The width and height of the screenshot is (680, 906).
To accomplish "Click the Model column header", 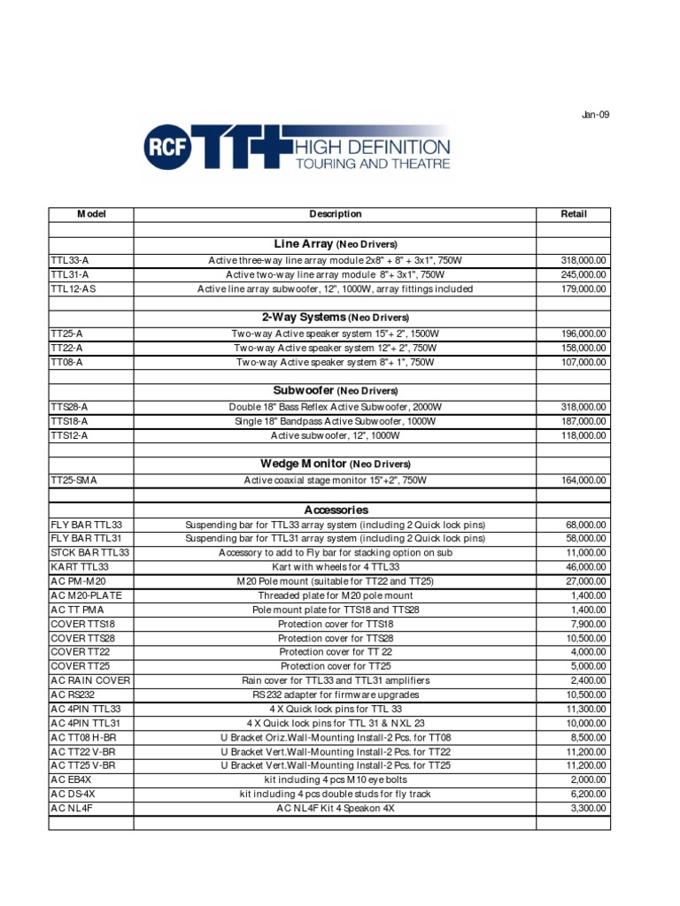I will (91, 214).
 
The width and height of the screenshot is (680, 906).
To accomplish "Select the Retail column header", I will (574, 214).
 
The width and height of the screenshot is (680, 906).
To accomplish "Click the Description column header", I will (335, 214).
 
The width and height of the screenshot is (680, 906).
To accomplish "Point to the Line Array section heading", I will (335, 243).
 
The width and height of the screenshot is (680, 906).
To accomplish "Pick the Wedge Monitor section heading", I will (335, 464).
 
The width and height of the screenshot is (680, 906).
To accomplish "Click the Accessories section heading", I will (335, 511).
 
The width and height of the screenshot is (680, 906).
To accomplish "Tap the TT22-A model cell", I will (67, 349).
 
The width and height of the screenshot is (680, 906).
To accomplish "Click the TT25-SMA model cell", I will (74, 480).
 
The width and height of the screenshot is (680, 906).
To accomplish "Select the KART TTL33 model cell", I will (80, 567).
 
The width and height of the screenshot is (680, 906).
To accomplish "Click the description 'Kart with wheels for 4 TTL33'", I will (335, 567).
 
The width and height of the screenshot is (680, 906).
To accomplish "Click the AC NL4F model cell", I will (72, 808).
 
